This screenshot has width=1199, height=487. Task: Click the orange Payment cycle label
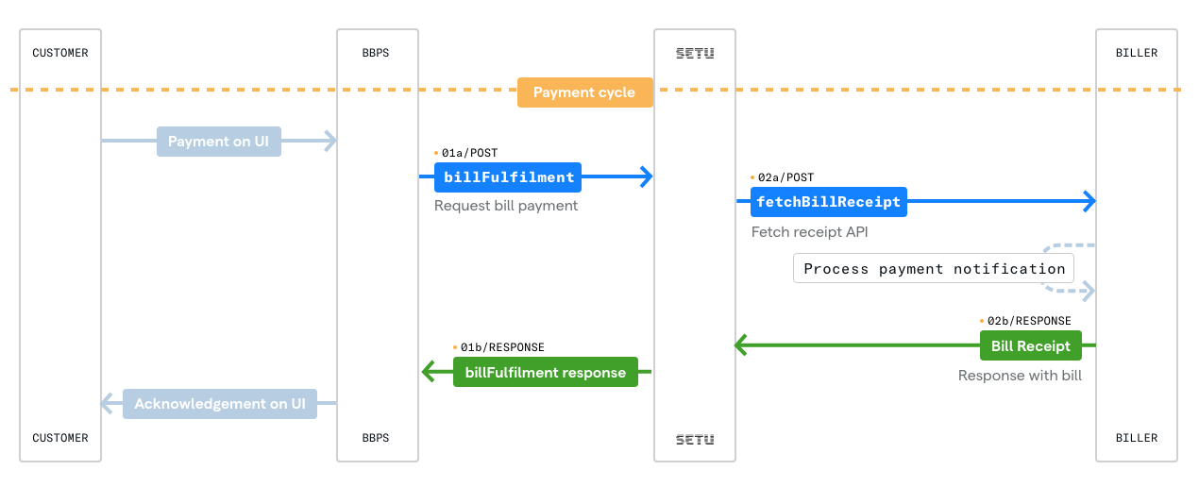coord(584,92)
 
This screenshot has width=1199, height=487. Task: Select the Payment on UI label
coord(218,142)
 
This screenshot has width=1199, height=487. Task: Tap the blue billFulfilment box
coord(507,176)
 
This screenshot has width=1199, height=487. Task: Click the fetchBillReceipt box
coord(829,202)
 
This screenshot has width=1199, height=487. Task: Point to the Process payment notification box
coord(934,269)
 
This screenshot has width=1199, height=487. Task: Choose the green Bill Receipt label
coord(1030,346)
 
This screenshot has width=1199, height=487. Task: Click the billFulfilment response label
coord(545,373)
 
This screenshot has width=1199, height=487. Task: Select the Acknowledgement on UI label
coord(219,404)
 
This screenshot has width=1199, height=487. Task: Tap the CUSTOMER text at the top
coord(60,53)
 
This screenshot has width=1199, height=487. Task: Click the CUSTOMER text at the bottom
coord(60,438)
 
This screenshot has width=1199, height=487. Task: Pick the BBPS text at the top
coord(376,53)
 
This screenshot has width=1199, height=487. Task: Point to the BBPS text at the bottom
coord(376,438)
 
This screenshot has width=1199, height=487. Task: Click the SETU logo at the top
coord(695,53)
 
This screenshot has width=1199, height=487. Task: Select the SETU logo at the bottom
coord(695,439)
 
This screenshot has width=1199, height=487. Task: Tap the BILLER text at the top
coord(1137,53)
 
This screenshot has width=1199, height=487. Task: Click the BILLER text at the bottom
coord(1137,438)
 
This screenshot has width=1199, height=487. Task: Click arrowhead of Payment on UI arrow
coord(330,142)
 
